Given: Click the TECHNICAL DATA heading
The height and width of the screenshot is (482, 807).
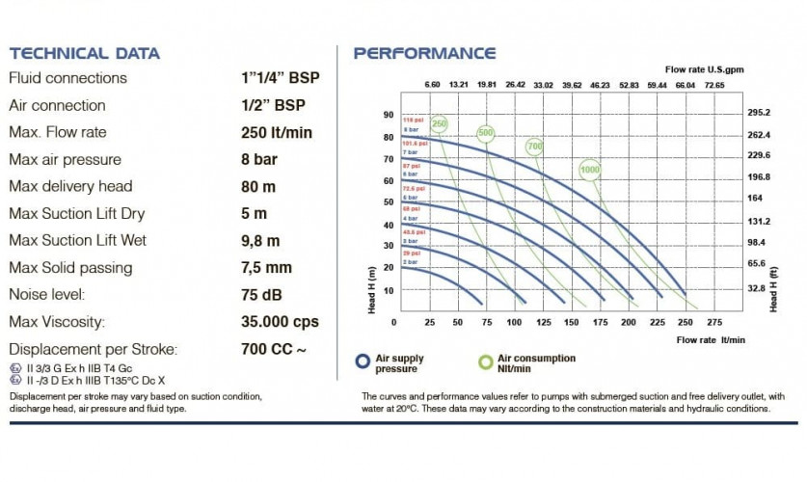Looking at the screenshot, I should tap(85, 53).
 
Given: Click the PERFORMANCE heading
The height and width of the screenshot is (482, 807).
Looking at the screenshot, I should tap(424, 53).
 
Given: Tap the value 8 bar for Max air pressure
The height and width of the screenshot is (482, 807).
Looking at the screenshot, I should tap(260, 159).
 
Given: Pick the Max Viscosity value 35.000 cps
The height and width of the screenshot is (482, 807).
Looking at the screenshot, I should tap(280, 322).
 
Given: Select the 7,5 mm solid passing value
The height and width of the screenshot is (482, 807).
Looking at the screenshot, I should tap(267, 268).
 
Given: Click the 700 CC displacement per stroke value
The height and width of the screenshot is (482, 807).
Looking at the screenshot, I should tap(276, 349).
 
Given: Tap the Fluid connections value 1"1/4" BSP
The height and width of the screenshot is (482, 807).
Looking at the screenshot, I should tap(280, 78).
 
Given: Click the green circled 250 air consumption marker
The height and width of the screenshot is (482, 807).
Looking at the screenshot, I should tap(440, 124).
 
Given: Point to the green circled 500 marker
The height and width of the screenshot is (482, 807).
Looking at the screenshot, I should tap(485, 132).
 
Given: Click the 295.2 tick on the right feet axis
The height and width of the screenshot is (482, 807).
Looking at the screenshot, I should tap(760, 113).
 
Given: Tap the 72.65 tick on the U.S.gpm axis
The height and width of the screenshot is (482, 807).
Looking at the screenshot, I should tap(714, 85).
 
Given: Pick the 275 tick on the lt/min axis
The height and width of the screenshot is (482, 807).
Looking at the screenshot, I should tap(714, 321).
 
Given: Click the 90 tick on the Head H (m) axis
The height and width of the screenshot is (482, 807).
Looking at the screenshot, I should tap(389, 114).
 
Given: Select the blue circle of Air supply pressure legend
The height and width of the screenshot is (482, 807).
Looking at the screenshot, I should tap(363, 361).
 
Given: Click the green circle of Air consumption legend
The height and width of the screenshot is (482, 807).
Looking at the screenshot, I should tap(485, 361).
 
